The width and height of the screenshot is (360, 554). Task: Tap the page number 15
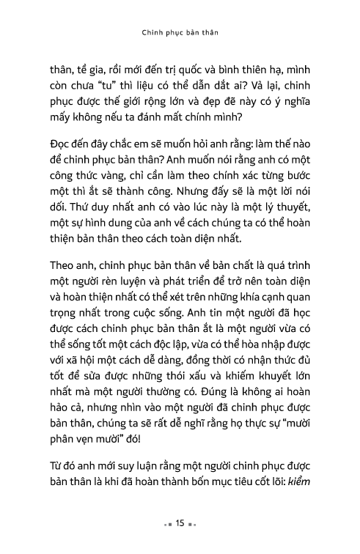[180, 525]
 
